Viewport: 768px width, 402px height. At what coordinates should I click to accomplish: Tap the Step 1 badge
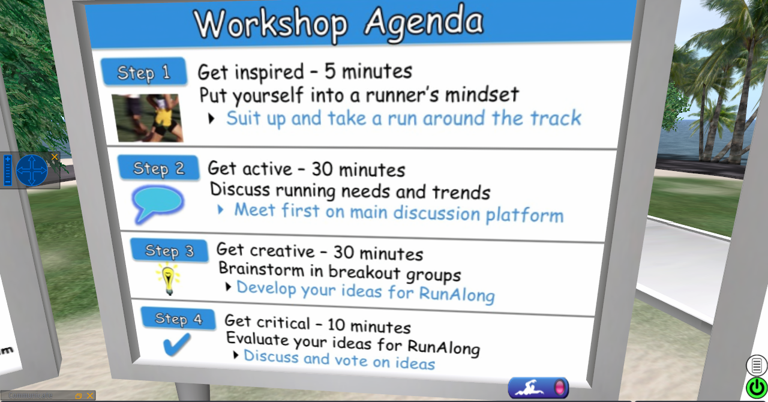click(144, 71)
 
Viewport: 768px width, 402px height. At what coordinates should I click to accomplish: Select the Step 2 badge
click(159, 168)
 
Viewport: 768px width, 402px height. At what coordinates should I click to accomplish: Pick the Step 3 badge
click(169, 250)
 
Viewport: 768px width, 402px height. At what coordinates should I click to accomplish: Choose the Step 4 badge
click(179, 319)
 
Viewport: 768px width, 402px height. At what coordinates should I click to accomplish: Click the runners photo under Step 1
click(148, 118)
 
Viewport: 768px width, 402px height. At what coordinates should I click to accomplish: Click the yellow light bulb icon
click(168, 278)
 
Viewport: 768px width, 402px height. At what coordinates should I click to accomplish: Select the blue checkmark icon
click(176, 344)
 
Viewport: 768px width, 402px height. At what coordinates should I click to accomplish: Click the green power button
click(757, 388)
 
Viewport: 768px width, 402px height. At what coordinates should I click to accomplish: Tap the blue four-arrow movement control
click(32, 170)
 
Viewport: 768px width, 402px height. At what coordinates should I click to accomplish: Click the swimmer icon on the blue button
click(530, 388)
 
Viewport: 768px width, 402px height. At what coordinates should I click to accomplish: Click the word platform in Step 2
click(524, 215)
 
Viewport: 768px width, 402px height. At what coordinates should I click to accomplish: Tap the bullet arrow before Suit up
click(212, 119)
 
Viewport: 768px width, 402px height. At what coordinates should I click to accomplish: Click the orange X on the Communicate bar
click(90, 396)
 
